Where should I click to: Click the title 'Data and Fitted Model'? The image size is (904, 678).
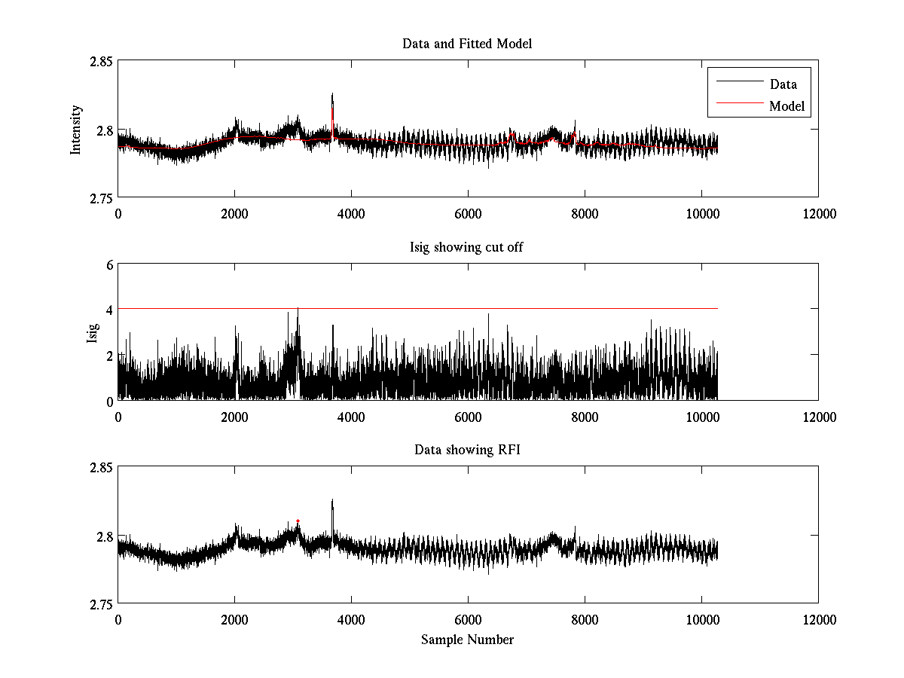coord(467,44)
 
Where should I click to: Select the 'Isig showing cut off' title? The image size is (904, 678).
coord(467,247)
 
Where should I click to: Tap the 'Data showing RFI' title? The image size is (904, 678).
coord(467,450)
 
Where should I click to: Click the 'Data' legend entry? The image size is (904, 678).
coord(783,84)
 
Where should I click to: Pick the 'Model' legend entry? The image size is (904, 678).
coord(786,106)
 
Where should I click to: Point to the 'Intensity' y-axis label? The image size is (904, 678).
coord(75,130)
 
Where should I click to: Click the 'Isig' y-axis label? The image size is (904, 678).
coord(93,332)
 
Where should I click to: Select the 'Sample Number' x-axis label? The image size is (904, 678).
coord(467,640)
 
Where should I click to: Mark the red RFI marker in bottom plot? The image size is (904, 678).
coord(298,521)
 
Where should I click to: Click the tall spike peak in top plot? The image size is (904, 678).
coord(332,95)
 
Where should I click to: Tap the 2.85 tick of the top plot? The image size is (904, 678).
coord(99,61)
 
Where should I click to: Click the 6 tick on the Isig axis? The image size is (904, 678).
coord(109,264)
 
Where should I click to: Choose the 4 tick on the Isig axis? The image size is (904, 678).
coord(109,310)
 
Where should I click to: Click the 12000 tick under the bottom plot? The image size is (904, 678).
coord(818,620)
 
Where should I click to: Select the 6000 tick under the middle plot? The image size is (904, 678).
coord(468,417)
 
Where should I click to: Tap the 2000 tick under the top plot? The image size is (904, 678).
coord(234,214)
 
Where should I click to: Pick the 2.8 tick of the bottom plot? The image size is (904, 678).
coord(104,536)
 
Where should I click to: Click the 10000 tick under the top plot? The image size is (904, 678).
coord(701,214)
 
